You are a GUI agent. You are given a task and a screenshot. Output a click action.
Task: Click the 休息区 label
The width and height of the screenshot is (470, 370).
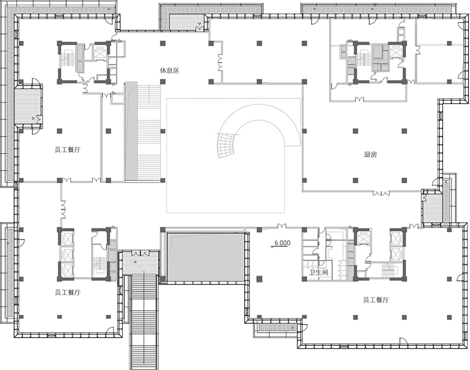[x=169, y=70]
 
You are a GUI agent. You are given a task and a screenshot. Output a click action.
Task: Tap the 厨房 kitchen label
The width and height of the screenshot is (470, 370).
[x=370, y=155]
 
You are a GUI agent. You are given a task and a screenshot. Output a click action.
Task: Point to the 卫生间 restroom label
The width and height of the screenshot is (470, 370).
[x=318, y=273]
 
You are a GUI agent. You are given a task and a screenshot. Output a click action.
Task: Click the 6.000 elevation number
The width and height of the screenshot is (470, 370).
[x=282, y=243]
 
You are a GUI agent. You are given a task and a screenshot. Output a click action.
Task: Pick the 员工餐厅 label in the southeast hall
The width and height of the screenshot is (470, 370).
[x=376, y=300]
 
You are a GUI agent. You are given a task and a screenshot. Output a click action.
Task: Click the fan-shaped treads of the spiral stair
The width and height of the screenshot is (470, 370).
[x=226, y=146]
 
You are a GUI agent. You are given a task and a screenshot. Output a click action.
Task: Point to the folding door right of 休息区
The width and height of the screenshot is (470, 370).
[x=220, y=62]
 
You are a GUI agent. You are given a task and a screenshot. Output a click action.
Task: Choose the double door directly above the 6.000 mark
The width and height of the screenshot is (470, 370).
[x=282, y=226]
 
